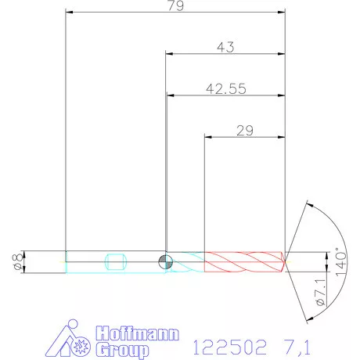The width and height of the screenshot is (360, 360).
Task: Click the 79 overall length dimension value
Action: pyautogui.click(x=175, y=7)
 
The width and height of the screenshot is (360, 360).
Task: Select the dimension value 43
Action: pyautogui.click(x=225, y=48)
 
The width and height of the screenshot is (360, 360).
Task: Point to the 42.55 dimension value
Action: pyautogui.click(x=225, y=89)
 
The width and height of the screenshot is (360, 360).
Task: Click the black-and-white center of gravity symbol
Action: pyautogui.click(x=165, y=261)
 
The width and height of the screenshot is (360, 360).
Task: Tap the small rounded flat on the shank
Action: pyautogui.click(x=115, y=261)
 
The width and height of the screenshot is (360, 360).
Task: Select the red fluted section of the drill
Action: pyautogui.click(x=243, y=261)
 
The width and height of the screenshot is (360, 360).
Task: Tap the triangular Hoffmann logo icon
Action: pyautogui.click(x=77, y=341)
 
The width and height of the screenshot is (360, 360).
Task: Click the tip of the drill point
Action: pyautogui.click(x=286, y=261)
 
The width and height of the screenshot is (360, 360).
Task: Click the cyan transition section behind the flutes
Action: pyautogui.click(x=186, y=261)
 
